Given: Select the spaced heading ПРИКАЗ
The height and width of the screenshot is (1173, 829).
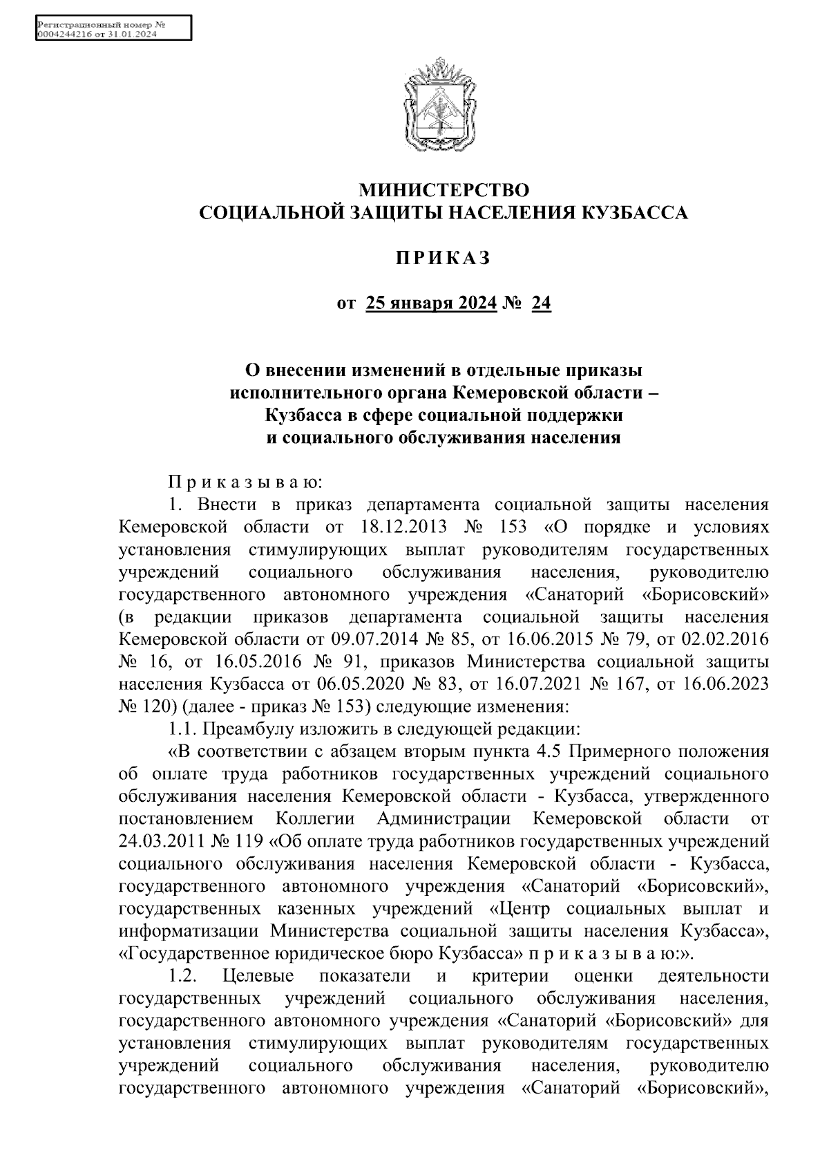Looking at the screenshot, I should [x=443, y=258].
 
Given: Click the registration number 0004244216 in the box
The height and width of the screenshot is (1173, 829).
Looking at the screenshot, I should [x=64, y=35].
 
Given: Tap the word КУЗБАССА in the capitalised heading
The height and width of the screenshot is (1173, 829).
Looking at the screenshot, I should [x=635, y=213].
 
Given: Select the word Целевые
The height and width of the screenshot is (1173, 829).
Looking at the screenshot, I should [x=259, y=977].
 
